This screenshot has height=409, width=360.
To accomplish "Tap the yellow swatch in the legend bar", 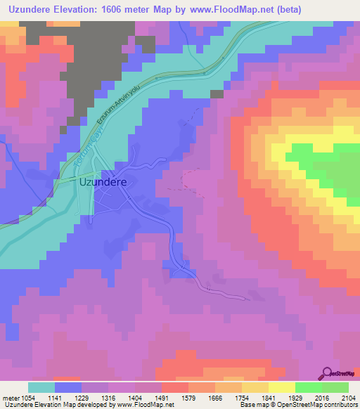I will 281,387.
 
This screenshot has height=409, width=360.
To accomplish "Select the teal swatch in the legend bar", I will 41,387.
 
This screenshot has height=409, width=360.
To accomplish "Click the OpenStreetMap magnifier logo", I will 327,373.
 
